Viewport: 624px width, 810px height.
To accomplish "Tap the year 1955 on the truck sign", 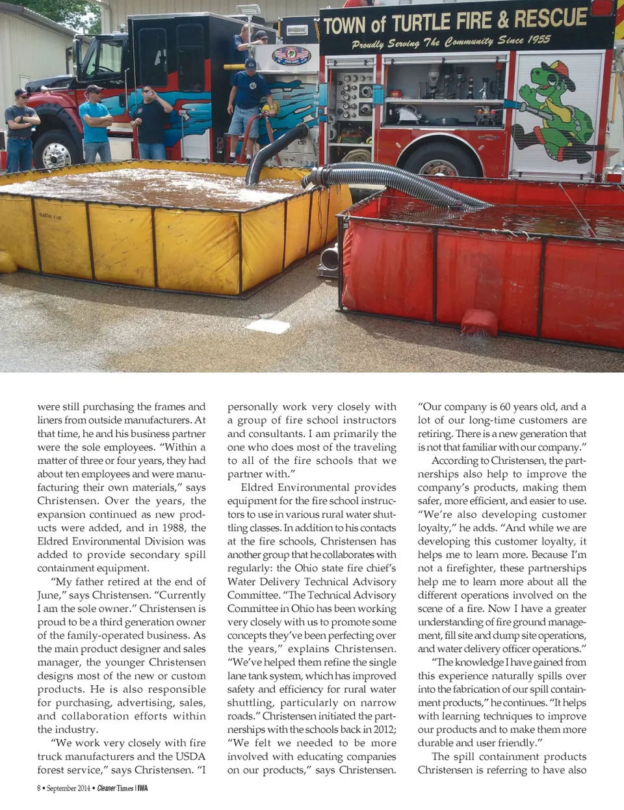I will click(x=538, y=40).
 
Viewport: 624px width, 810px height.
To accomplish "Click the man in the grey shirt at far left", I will click(x=20, y=130).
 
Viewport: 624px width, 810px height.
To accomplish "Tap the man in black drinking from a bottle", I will click(x=151, y=121).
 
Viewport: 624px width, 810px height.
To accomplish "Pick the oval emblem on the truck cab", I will click(x=291, y=55).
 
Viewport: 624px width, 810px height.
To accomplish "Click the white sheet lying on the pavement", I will click(x=267, y=326).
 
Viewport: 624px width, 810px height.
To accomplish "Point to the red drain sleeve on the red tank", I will click(x=479, y=323).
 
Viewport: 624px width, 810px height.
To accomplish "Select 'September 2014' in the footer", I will click(x=68, y=789).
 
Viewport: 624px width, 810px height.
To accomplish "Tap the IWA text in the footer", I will click(x=142, y=789).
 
